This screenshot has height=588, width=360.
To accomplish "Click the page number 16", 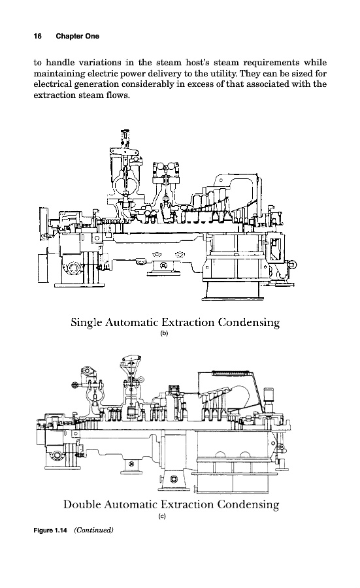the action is coord(37,36).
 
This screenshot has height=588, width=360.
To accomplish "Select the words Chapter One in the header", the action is coord(78,36).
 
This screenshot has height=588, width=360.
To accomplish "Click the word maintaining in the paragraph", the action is coord(55,73).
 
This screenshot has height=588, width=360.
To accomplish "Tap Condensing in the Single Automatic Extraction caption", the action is coord(249,323).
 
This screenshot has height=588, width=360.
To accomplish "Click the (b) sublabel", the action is coord(164,334).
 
